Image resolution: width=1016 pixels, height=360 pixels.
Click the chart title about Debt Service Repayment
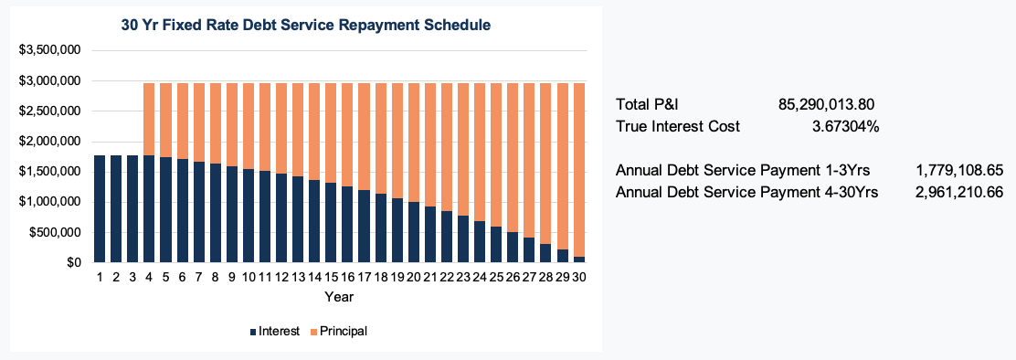click(x=306, y=26)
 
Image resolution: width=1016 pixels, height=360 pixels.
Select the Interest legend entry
click(x=274, y=331)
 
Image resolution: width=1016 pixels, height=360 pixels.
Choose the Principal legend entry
click(x=337, y=331)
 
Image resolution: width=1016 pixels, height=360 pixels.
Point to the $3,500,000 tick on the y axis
click(x=51, y=49)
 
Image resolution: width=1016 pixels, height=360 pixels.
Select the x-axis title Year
click(x=338, y=297)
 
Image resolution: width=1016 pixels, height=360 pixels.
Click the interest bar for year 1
click(x=100, y=209)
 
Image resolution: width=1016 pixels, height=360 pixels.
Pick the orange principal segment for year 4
click(x=150, y=119)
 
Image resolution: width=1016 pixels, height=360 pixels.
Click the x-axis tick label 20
click(x=413, y=278)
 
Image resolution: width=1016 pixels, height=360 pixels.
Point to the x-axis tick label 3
click(x=132, y=278)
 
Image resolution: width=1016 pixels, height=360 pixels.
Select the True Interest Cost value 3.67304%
click(x=846, y=126)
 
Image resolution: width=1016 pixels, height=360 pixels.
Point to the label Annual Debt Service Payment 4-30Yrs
click(x=746, y=192)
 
